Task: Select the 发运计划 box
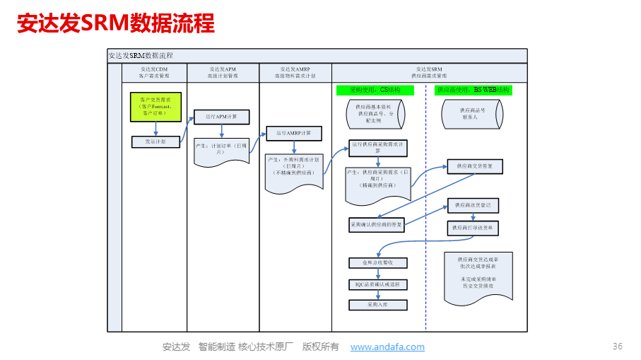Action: (x=155, y=141)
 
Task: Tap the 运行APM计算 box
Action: (x=221, y=116)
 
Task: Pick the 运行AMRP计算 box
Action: (x=293, y=132)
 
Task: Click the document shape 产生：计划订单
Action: (x=221, y=151)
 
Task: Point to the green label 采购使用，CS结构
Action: (x=375, y=90)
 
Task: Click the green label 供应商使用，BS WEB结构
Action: (x=473, y=90)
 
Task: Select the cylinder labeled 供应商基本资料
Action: (x=375, y=113)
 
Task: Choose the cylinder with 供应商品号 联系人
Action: (x=473, y=114)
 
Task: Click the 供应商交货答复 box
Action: (x=474, y=166)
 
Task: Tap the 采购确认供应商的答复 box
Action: (x=377, y=224)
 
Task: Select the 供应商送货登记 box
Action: (x=474, y=205)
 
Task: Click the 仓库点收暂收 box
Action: (x=378, y=263)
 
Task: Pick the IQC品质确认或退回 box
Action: (x=378, y=284)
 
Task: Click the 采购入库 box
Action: (x=378, y=305)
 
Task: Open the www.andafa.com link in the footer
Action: (x=387, y=347)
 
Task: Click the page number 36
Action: (x=617, y=346)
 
